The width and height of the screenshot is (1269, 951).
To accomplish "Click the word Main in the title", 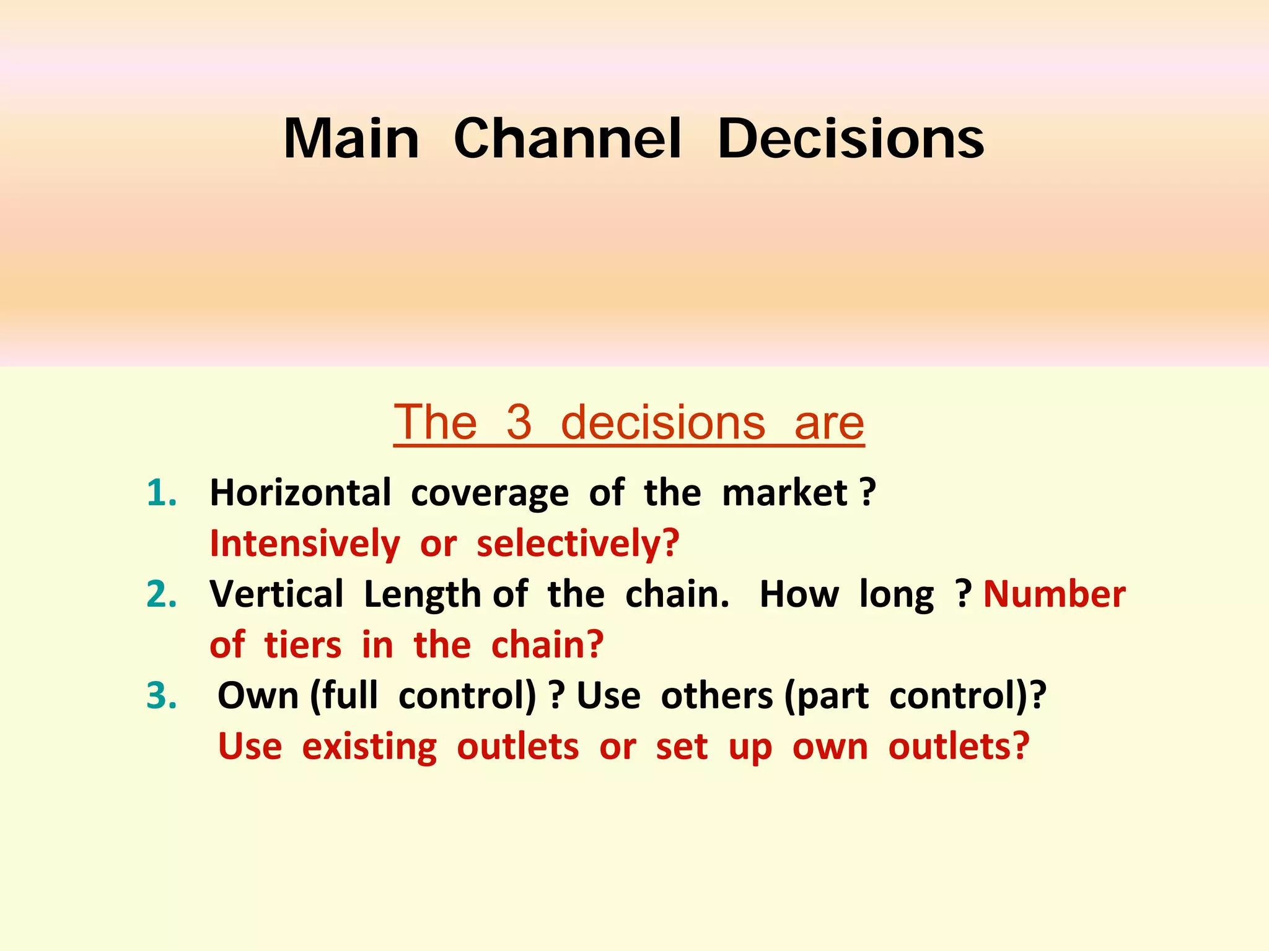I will click(x=351, y=139).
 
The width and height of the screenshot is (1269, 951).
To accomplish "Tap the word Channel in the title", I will click(x=568, y=139).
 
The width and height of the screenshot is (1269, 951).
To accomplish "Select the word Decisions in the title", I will click(x=850, y=139).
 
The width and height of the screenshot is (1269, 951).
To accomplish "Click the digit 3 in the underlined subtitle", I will click(x=519, y=422).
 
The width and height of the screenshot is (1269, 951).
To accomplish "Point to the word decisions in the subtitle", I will click(x=663, y=422).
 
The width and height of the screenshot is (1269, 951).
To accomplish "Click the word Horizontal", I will click(x=301, y=493).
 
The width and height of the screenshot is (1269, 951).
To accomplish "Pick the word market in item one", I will click(x=784, y=493).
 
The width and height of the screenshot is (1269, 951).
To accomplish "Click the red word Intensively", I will click(x=305, y=544).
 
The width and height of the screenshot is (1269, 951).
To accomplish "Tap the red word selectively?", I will click(x=577, y=544).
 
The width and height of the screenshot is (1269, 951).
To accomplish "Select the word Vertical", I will click(x=276, y=594).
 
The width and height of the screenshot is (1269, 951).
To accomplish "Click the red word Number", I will click(x=1054, y=594).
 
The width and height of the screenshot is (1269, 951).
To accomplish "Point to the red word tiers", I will click(x=302, y=645).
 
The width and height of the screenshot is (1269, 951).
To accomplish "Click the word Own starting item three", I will click(x=258, y=696).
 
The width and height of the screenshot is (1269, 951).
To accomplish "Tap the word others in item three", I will click(x=717, y=696).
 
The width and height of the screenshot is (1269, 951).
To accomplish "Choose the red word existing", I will click(x=369, y=747).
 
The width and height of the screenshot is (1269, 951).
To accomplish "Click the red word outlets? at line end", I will click(x=959, y=747).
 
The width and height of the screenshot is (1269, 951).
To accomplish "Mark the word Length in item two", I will click(x=422, y=594).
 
